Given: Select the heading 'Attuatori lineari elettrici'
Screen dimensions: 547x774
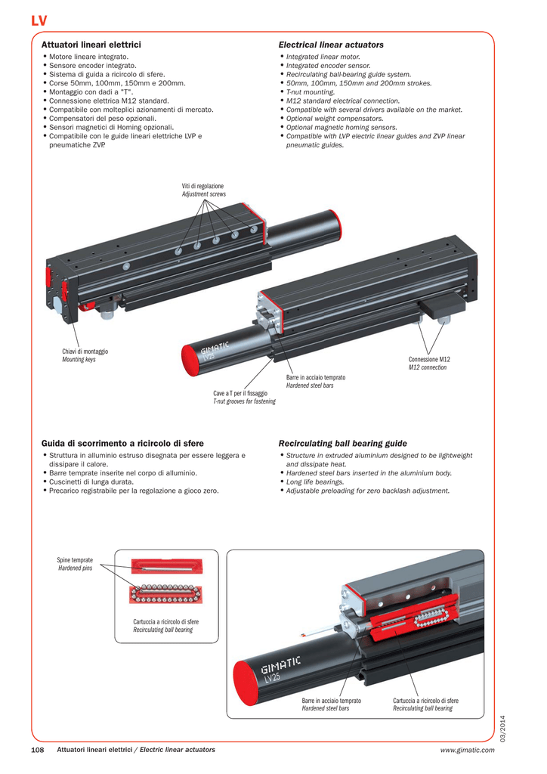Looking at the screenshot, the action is pos(91,45).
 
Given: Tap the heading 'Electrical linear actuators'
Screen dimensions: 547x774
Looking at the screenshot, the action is pos(331,45).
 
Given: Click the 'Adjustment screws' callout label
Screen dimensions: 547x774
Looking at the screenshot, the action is pos(203,194).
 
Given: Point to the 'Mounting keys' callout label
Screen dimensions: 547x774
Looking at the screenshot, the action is pos(79,360).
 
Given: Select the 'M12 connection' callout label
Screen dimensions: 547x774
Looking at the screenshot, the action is pos(428,367).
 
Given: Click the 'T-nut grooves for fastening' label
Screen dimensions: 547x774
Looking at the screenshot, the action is pos(244,401).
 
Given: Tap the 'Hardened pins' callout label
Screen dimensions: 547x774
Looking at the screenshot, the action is pos(75,568).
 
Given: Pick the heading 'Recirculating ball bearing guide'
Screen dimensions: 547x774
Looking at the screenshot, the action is pos(342,443).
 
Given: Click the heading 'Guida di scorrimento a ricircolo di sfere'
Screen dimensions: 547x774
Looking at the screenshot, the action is pos(122,443).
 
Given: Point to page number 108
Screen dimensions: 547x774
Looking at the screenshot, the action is pos(39,750).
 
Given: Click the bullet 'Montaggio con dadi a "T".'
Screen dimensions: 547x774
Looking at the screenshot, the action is pos(91,91).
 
